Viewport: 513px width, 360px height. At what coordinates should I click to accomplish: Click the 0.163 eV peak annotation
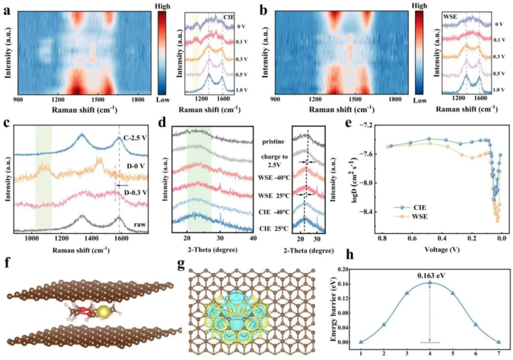point(430,276)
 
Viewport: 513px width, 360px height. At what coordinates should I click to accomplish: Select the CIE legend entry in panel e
point(409,207)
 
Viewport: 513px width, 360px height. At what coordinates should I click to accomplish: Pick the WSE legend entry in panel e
point(410,216)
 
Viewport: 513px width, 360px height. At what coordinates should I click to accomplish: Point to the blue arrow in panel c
point(122,185)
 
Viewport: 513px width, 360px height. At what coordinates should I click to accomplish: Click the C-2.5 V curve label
point(135,138)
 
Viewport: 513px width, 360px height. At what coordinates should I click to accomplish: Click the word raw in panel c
point(140,225)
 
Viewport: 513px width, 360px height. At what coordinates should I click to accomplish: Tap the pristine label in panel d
point(273,142)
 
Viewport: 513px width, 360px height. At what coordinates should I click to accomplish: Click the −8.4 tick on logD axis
point(366,212)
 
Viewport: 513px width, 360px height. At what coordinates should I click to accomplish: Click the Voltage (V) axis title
point(441,250)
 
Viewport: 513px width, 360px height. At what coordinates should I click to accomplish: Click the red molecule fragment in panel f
point(85,311)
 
